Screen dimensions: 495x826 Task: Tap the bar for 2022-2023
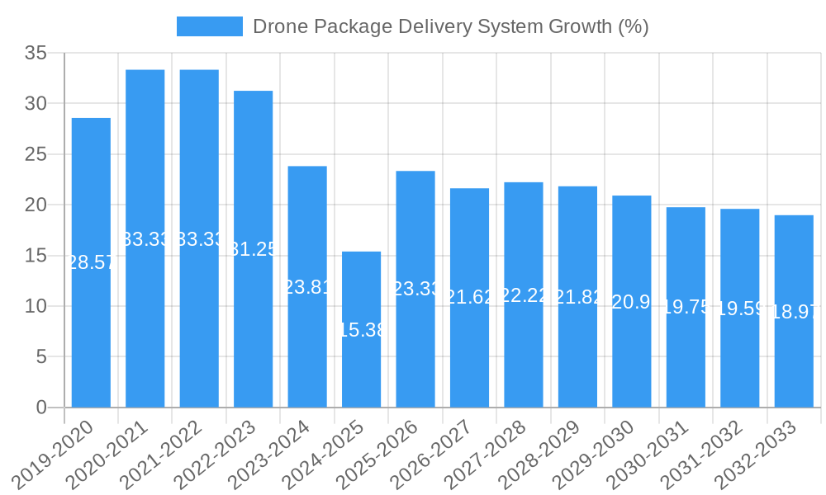[253, 248]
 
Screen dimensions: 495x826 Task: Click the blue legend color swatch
[210, 26]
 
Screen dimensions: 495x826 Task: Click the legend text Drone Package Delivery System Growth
[450, 26]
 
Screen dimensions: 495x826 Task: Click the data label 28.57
[91, 262]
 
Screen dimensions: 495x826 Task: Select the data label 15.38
[362, 330]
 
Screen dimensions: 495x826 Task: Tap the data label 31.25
[253, 249]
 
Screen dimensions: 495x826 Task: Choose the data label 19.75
[686, 307]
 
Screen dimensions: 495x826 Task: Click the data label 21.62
[470, 297]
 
